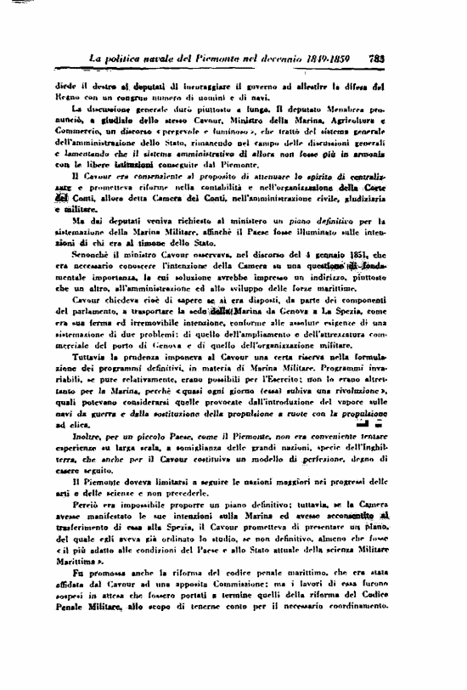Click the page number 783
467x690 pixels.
point(378,59)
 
